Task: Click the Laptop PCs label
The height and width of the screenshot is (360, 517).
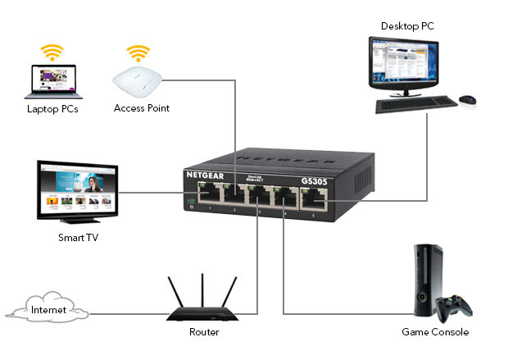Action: (52, 108)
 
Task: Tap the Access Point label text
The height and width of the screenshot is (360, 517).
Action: (142, 108)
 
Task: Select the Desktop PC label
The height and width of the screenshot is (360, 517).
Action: (407, 26)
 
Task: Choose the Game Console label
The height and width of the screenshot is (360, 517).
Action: (435, 332)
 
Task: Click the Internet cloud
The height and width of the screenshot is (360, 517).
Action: (48, 310)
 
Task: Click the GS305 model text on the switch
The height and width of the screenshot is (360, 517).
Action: (315, 181)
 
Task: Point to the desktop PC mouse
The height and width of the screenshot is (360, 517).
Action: (467, 100)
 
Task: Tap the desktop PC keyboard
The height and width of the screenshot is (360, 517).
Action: (418, 104)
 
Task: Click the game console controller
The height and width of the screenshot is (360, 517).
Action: (453, 309)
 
